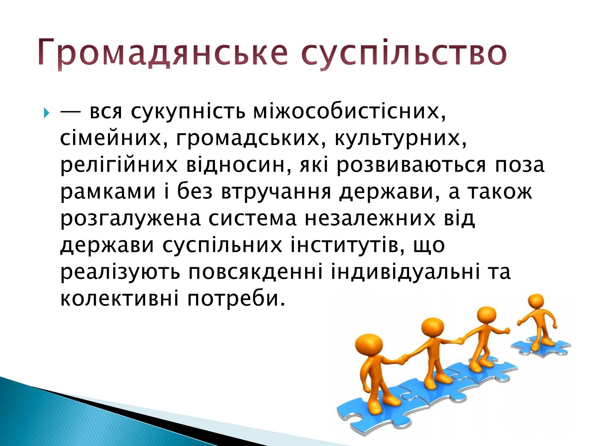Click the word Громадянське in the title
[162, 52]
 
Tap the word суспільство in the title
[404, 52]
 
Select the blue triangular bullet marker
[46, 113]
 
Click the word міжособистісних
[349, 111]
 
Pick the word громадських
[248, 139]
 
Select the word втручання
[276, 192]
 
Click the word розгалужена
[130, 219]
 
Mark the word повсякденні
[256, 272]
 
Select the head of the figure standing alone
[536, 303]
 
